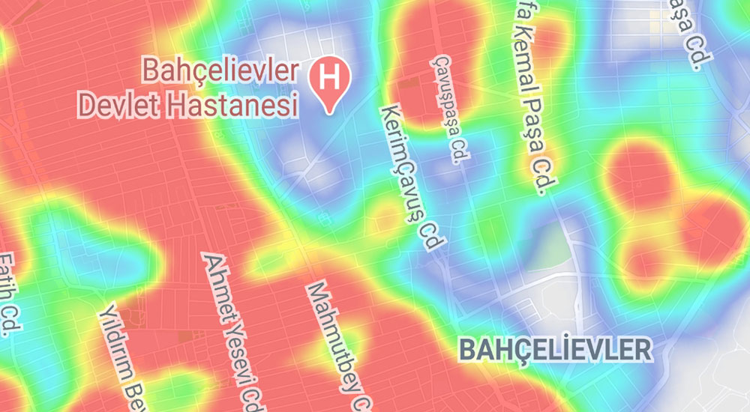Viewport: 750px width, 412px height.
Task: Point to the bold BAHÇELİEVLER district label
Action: (554, 348)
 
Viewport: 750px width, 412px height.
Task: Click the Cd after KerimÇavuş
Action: (433, 234)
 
